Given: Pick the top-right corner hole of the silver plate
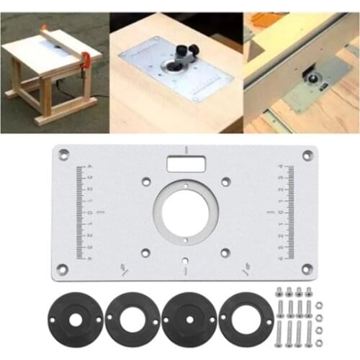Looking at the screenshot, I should click(307, 154).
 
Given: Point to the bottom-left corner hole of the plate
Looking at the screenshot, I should click(63, 269).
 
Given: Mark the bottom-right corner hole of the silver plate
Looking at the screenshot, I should click(308, 269).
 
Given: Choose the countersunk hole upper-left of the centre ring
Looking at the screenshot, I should click(145, 181).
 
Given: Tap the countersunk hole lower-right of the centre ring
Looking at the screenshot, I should click(225, 252).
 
